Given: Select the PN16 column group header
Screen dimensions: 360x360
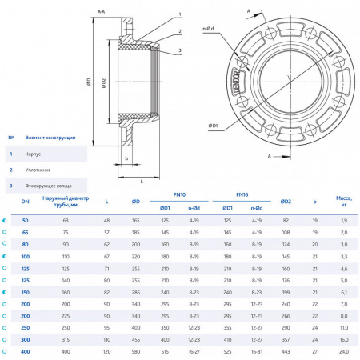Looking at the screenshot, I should coord(242,194).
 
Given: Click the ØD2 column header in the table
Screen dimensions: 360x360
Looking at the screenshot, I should coord(286,201).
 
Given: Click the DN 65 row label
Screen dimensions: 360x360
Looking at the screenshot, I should coord(25,231).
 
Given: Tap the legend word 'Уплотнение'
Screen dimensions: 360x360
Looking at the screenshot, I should coord(39,169).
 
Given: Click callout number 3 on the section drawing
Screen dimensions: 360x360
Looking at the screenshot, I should coord(181,50).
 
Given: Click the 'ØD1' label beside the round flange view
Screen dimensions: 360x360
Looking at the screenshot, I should coord(214,126).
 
